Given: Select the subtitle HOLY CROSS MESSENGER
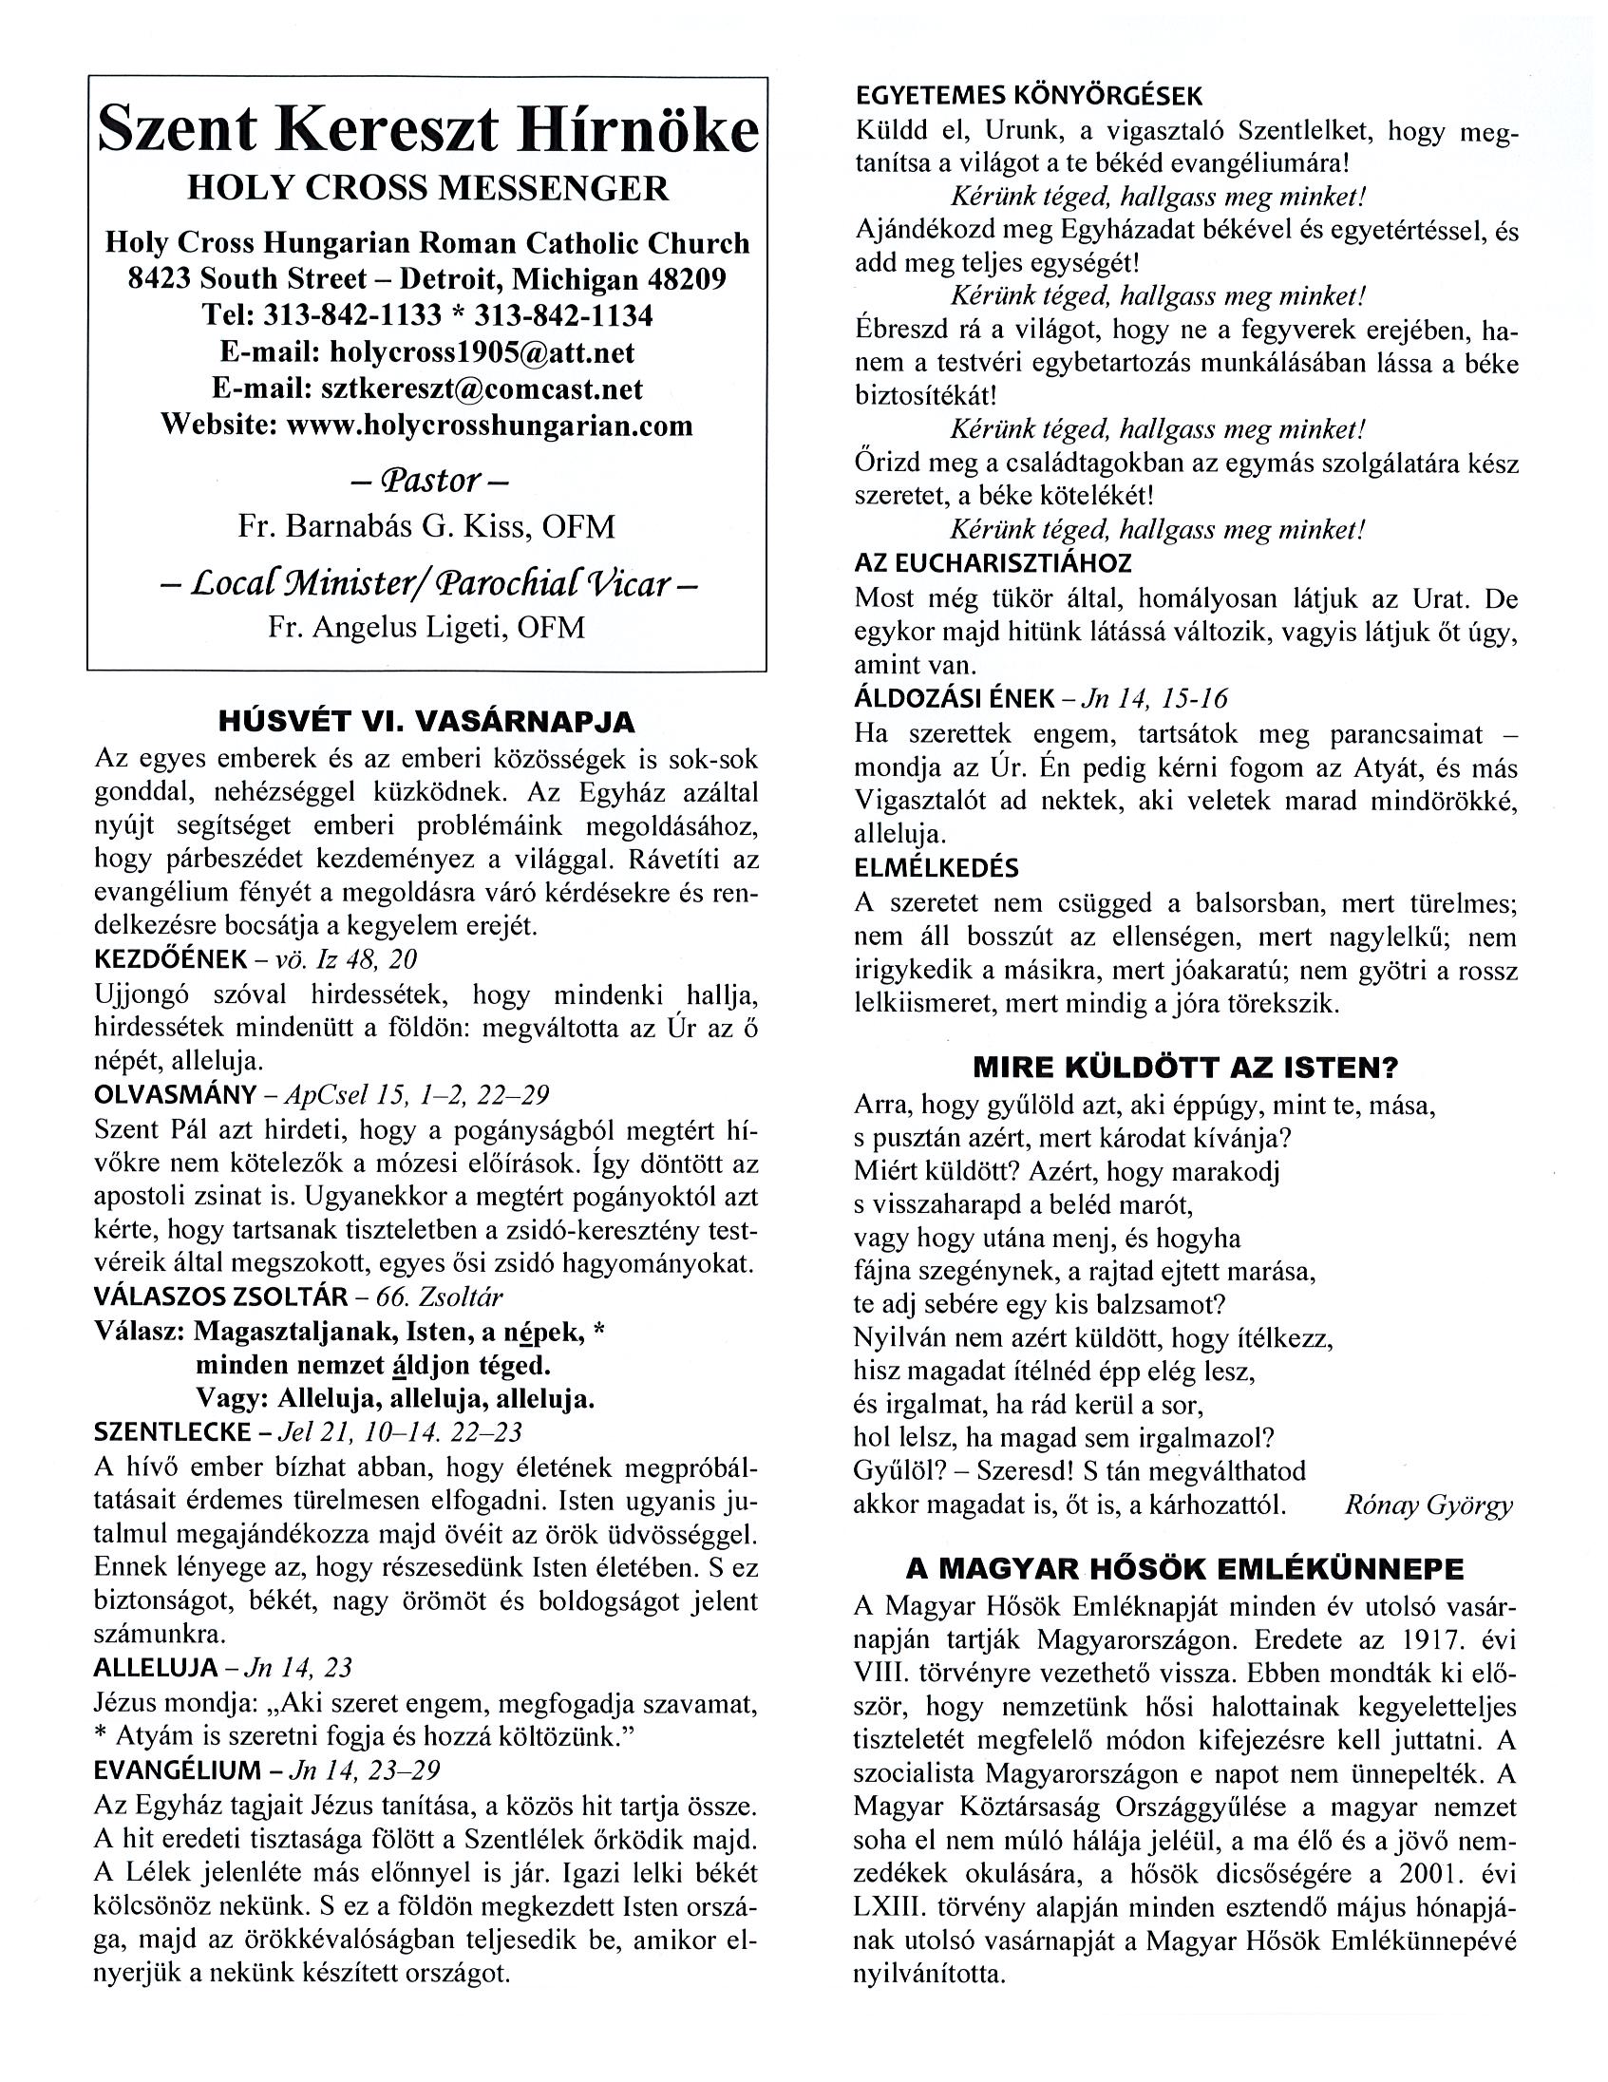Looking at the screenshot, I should (428, 188).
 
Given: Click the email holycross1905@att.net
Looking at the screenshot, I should (482, 351).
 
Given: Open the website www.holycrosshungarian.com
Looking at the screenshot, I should (490, 425).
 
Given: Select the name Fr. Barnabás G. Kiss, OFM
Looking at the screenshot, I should (428, 526).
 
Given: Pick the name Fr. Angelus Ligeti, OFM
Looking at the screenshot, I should (428, 627).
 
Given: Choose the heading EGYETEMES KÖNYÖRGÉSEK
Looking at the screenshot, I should (1030, 96).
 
